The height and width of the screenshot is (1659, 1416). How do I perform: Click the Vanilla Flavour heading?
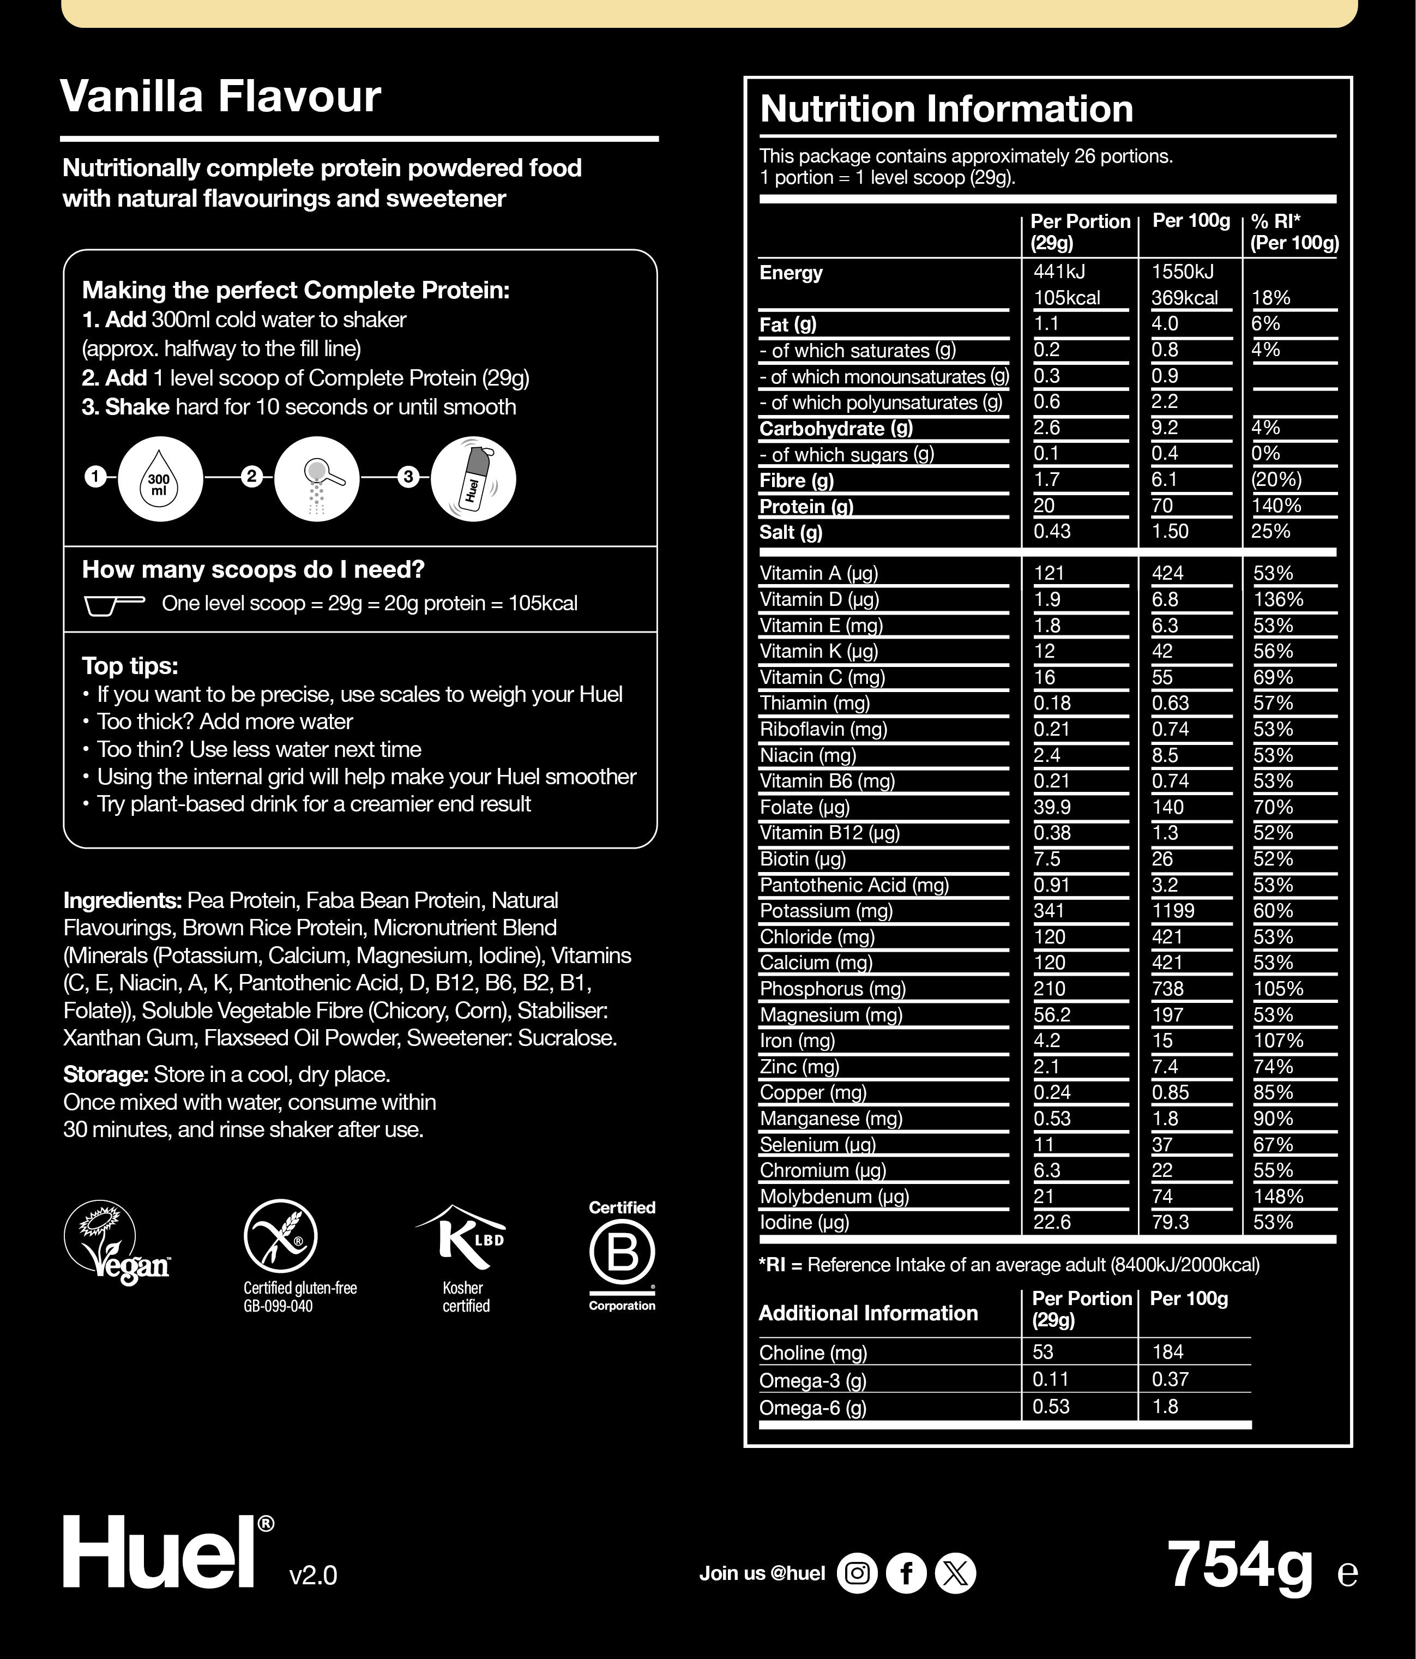(x=220, y=97)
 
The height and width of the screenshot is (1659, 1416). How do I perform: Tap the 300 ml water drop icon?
(x=159, y=479)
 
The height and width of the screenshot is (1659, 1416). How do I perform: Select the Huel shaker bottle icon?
(x=473, y=479)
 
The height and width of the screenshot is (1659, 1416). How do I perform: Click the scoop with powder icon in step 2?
(x=317, y=479)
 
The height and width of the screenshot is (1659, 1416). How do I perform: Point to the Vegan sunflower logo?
(x=117, y=1243)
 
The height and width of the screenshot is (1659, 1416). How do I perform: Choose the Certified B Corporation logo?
(x=622, y=1254)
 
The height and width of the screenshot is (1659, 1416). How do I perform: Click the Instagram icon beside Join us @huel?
(x=857, y=1573)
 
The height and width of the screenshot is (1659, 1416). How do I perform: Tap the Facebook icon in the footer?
(x=906, y=1573)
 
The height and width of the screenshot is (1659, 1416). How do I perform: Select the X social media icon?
(x=956, y=1573)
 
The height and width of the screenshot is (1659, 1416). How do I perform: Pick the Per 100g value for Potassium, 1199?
(x=1173, y=911)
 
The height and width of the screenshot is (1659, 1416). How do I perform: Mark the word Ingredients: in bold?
(x=123, y=901)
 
